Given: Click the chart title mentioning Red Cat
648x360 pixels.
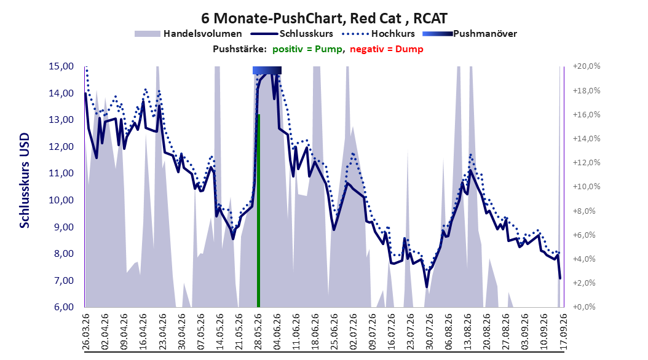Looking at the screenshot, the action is pos(324,18).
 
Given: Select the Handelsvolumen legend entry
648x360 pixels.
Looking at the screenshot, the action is pos(189,34).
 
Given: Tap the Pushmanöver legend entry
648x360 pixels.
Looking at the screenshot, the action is pos(470,34).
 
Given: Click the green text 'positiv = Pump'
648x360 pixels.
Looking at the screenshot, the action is pos(307,49).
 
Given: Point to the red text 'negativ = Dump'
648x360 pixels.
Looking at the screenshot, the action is pos(387,49).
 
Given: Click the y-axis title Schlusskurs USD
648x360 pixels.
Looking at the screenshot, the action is pos(25,181).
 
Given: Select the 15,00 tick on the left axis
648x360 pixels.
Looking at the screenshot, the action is pos(61,66).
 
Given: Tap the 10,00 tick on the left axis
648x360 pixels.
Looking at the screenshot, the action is pos(61,200).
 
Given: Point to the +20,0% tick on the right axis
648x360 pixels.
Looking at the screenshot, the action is pos(587,66).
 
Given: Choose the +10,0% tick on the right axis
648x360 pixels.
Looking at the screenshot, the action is pos(587,187).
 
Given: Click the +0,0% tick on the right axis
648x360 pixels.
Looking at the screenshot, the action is pos(584,307).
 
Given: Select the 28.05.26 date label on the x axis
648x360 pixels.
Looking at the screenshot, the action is pos(258,332).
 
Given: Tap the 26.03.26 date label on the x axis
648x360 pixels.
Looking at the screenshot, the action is pos(86,332).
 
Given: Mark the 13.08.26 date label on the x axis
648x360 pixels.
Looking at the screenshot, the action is pos(468,332).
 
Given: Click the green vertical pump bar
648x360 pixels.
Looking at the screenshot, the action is pos(258,211).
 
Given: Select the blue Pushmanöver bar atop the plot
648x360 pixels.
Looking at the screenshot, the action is pos(267,70).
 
